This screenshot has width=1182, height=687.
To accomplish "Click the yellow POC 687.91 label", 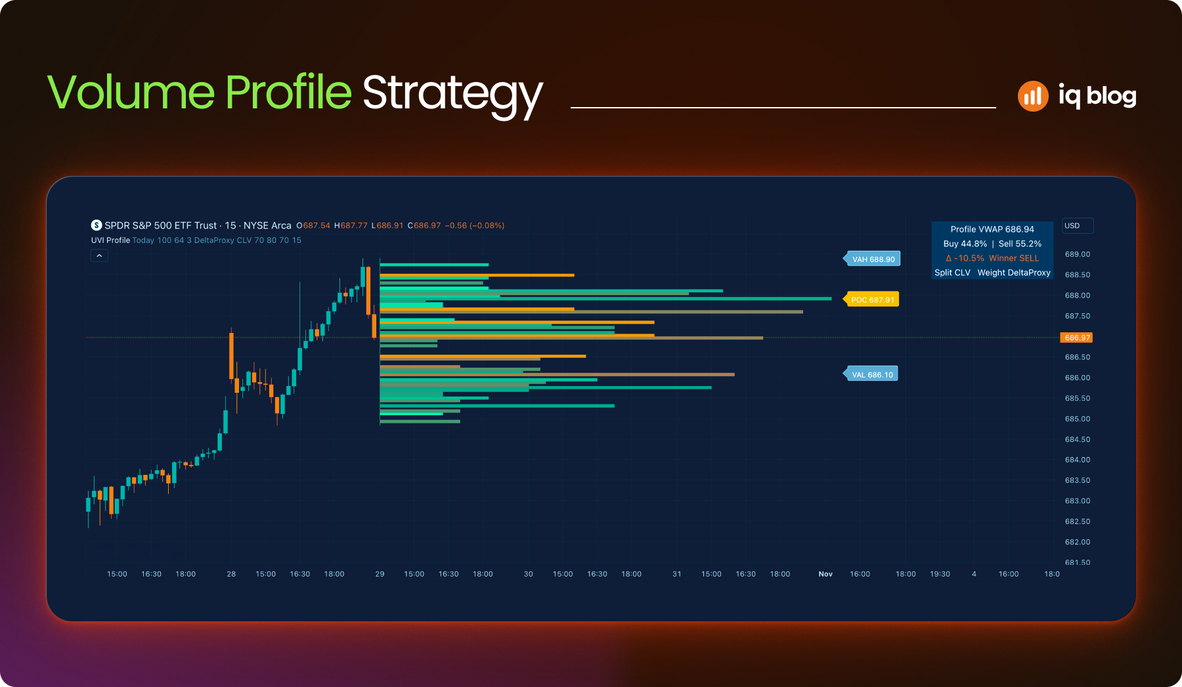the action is (871, 299).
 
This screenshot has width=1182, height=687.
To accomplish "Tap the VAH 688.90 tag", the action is (872, 259).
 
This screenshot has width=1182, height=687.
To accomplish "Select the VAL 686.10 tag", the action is (871, 374).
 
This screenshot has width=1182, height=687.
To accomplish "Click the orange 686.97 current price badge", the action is (1077, 338).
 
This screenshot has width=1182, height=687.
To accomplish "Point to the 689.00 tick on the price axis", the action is (1078, 254).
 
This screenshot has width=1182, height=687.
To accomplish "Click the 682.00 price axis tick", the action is (1078, 542).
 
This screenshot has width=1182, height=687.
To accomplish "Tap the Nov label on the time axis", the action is (825, 574).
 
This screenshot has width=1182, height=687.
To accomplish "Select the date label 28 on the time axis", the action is (231, 574).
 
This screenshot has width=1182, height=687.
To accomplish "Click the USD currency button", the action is (1078, 225).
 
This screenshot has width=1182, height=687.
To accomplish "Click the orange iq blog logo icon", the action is (1033, 97).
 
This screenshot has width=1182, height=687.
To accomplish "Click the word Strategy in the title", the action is (452, 94).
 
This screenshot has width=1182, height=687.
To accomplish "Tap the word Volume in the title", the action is (131, 91).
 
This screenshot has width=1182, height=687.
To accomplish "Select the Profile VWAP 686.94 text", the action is (992, 229).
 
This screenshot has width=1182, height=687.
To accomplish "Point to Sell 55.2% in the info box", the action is (1020, 244).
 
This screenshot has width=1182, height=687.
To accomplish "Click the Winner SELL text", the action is (1014, 258).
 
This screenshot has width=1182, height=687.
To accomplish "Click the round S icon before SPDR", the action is (97, 225).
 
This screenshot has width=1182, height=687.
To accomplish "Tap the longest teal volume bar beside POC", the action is (605, 299).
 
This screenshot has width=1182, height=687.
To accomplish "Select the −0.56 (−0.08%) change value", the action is (475, 225).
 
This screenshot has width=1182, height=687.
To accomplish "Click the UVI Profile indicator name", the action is (110, 240).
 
